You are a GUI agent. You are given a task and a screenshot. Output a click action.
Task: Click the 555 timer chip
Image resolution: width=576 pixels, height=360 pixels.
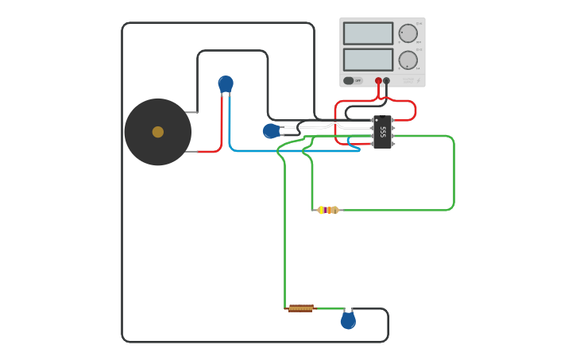point(382,132)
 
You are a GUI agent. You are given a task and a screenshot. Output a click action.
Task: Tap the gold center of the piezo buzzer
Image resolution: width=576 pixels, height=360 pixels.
point(157,132)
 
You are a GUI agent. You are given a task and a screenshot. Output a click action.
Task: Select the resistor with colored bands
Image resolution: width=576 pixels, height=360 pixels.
point(327,210)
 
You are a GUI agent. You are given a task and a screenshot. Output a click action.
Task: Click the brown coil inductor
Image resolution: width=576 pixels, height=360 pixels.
point(300,308)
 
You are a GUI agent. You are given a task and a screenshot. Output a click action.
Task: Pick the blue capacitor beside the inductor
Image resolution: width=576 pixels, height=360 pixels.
point(348,320)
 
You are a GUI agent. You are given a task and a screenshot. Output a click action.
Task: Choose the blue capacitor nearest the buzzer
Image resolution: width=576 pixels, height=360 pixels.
point(226,83)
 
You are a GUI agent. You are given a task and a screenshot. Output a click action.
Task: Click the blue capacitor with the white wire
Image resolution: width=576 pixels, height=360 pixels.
point(271,130)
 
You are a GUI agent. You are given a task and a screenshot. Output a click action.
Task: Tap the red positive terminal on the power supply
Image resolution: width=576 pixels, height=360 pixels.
point(378,80)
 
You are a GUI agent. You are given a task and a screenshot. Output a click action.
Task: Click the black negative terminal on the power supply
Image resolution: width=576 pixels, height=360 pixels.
point(387,80)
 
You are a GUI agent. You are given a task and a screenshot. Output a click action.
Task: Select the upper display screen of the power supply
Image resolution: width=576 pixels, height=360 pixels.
point(368,33)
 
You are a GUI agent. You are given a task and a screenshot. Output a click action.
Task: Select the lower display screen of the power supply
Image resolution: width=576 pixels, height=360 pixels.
point(368,60)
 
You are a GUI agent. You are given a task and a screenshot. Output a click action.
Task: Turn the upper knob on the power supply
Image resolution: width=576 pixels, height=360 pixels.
point(408,33)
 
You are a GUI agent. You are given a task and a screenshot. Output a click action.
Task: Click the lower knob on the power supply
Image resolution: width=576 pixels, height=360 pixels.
point(408,60)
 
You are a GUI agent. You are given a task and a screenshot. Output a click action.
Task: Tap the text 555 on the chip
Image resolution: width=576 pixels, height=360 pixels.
point(382,132)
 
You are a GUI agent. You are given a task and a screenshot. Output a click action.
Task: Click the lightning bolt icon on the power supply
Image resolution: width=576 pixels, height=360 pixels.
point(418,80)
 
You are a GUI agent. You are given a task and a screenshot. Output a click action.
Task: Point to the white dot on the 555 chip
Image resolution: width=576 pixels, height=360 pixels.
point(377,120)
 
